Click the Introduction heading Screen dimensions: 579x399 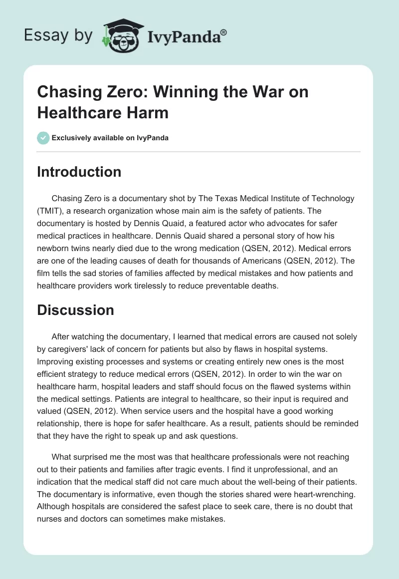[79, 172]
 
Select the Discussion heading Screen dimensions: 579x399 [76, 310]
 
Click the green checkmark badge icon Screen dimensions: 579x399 [43, 138]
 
